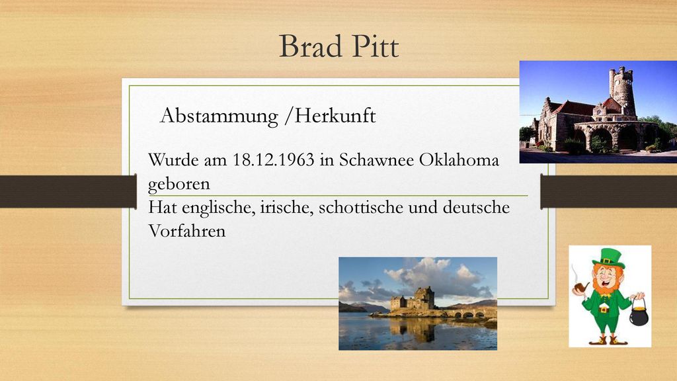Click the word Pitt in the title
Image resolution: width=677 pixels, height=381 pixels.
(375, 46)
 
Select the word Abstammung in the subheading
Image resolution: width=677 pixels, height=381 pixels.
(219, 116)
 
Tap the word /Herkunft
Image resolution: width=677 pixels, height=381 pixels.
(331, 115)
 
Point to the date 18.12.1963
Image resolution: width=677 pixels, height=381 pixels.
(274, 160)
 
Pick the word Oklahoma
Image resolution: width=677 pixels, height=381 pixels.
(459, 160)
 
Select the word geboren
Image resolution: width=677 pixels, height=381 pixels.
(179, 185)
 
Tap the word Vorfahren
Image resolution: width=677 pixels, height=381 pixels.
(187, 231)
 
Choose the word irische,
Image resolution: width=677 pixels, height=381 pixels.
(286, 207)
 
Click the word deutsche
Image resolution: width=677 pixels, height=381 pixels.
(476, 207)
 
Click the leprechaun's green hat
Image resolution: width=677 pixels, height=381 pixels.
(609, 258)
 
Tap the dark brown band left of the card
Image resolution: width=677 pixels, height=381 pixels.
(68, 191)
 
